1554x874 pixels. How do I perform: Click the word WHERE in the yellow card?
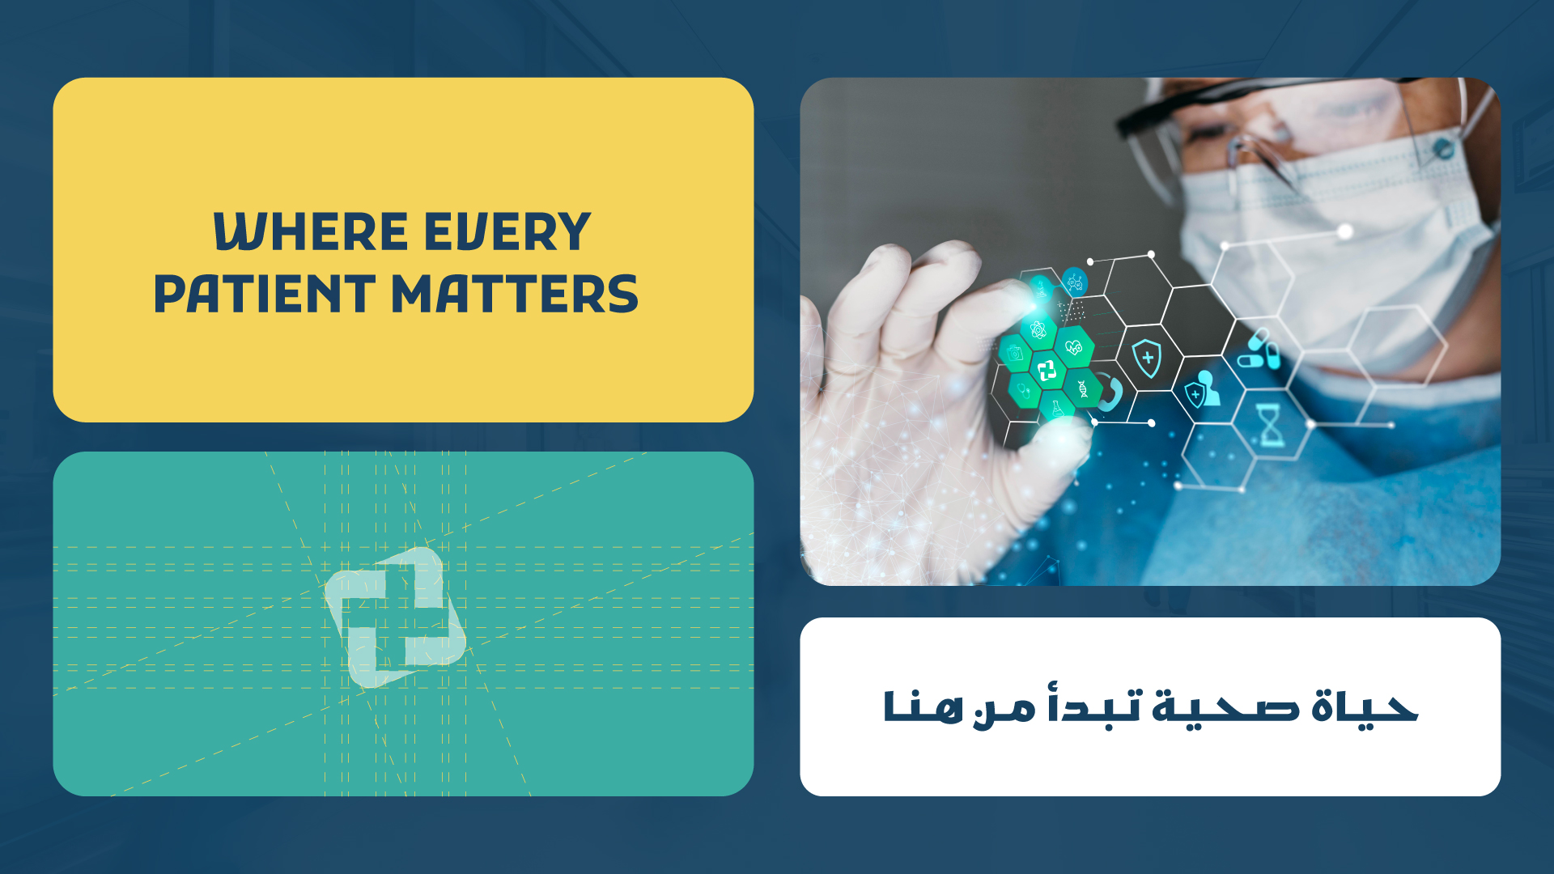pos(311,232)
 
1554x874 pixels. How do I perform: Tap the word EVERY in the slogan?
pos(507,232)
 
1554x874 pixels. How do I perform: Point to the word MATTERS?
pos(516,293)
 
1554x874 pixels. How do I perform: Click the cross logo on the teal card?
pos(396,617)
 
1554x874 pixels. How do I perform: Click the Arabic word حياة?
pos(1365,706)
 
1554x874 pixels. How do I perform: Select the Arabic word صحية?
pos(1226,706)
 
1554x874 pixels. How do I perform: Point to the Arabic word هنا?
pos(923,706)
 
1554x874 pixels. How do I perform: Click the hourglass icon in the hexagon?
pos(1272,425)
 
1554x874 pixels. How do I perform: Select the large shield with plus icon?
pos(1147,359)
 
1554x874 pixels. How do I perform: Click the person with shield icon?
pos(1203,388)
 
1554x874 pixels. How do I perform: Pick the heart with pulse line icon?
pos(1074,348)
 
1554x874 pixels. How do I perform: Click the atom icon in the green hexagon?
pos(1039,330)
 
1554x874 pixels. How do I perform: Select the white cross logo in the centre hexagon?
pos(1047,371)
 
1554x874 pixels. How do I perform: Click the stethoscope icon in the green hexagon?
pos(1024,392)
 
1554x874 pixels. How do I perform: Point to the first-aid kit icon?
pos(1015,353)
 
